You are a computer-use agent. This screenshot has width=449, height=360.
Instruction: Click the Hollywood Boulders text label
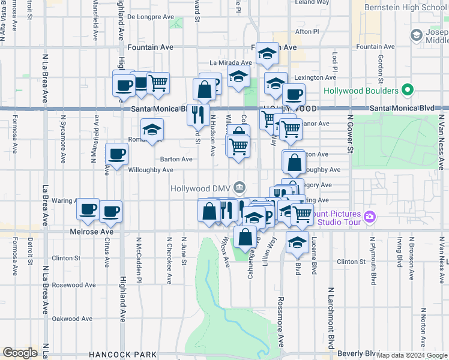coord(361,91)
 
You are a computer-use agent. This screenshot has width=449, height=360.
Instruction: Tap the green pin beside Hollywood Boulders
coord(408,91)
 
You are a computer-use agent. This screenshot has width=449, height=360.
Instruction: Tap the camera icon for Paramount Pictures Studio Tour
coord(370,216)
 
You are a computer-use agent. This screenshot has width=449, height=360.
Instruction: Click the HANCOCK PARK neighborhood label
coord(122,355)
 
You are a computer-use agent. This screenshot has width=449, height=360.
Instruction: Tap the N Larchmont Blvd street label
coord(331,318)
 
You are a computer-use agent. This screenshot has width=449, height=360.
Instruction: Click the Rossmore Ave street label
coord(280,321)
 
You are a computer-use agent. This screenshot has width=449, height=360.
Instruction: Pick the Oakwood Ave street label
coord(72,319)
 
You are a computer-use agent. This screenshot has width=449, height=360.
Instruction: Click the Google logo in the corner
coord(20,353)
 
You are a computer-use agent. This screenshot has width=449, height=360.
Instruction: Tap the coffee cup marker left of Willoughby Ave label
coord(116,154)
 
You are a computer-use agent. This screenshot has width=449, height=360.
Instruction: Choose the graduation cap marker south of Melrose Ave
coord(297,242)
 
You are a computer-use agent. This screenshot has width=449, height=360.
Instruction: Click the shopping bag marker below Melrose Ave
coord(246,236)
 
